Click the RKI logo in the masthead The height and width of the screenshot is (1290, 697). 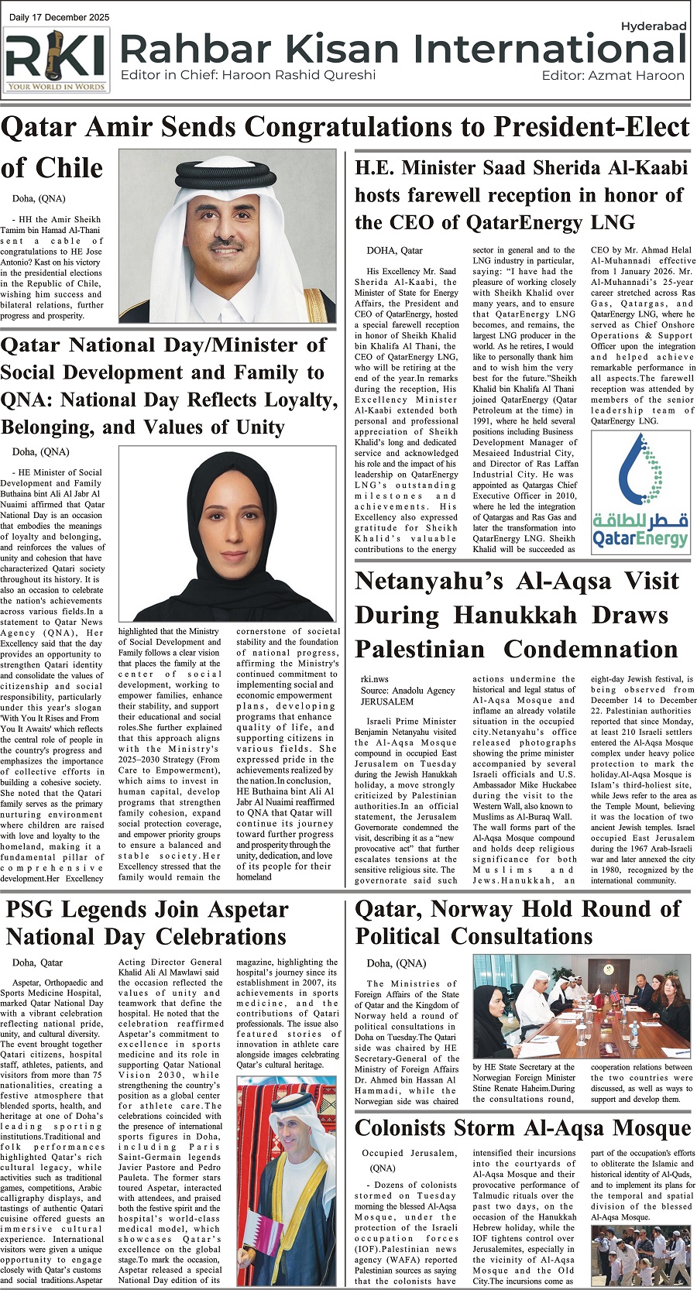(56, 60)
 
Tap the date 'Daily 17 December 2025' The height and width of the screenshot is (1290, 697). (60, 17)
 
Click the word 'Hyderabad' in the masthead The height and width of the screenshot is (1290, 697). (654, 26)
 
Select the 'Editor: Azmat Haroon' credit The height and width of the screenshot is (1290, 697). (613, 76)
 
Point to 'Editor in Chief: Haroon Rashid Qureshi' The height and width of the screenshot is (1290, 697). (248, 75)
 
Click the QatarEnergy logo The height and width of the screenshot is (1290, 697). (640, 492)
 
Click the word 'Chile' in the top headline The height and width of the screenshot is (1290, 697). (69, 168)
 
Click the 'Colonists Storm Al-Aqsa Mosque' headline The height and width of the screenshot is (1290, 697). (523, 1128)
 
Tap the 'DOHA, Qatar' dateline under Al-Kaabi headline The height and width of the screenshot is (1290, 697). (395, 250)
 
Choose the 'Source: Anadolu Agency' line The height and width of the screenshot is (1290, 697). (408, 691)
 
